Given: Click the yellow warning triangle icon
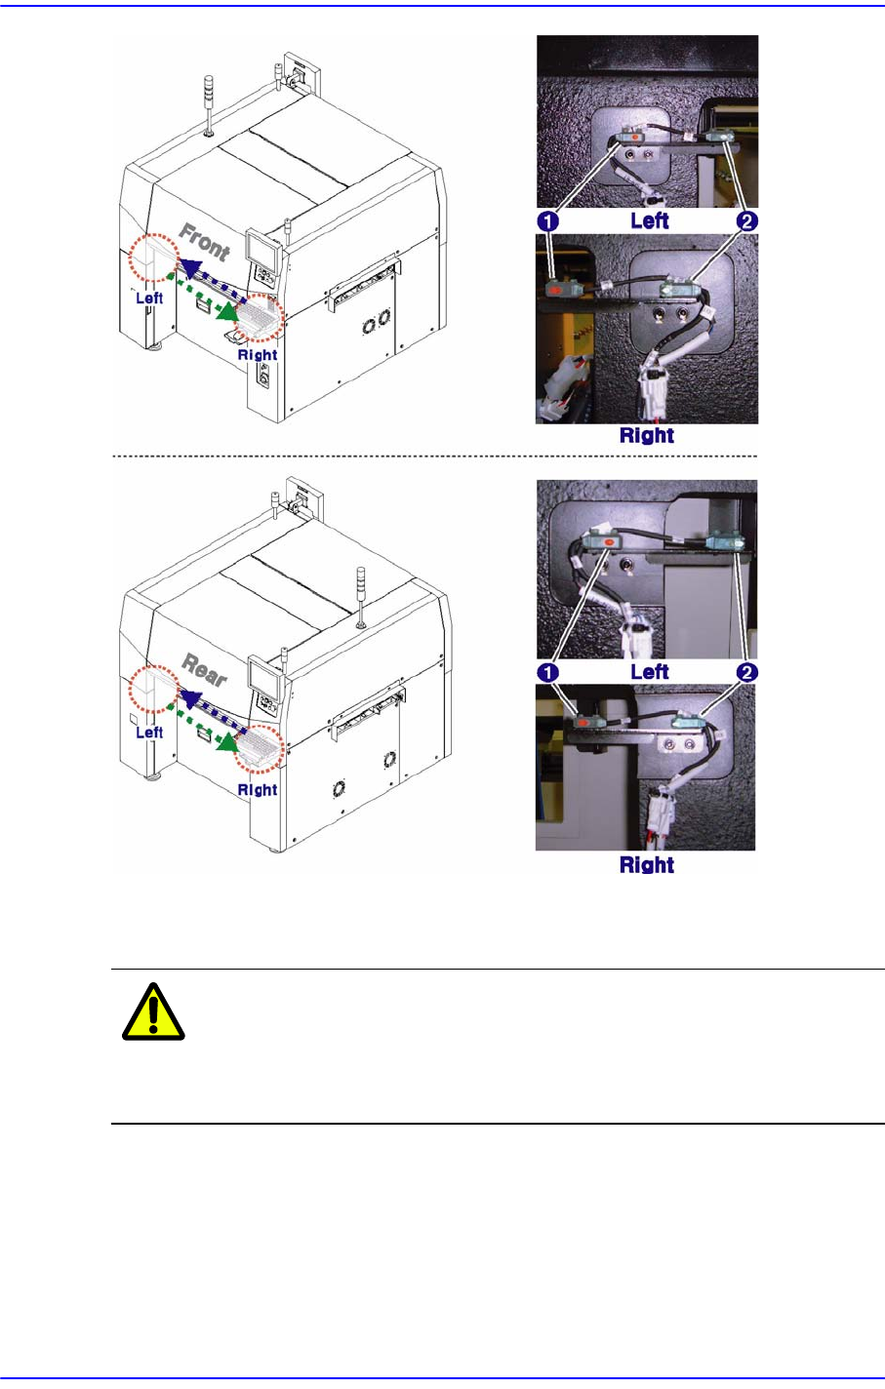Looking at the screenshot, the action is (153, 1012).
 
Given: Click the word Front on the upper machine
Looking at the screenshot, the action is (204, 242).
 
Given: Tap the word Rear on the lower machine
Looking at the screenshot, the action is (204, 671).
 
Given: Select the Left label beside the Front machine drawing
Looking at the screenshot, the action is (149, 298).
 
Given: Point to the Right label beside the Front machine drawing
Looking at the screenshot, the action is (258, 355).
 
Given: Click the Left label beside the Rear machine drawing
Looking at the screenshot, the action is (149, 733).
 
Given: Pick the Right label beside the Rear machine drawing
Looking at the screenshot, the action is (258, 790).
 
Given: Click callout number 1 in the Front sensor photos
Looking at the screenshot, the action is (547, 221).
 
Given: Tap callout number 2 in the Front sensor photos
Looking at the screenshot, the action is (746, 221).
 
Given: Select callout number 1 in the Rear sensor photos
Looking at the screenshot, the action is (547, 672).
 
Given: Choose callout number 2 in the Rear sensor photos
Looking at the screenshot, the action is (746, 672).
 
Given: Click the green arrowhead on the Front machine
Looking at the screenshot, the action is (229, 312).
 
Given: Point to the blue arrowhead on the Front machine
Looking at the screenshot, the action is (191, 267).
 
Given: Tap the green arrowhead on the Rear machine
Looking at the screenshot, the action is (228, 741).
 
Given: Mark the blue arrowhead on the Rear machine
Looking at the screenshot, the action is (191, 698).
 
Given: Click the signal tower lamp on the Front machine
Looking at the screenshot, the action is (209, 104).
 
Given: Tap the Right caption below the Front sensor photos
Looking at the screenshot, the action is (647, 435).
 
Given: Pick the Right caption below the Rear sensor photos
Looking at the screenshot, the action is (647, 864).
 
